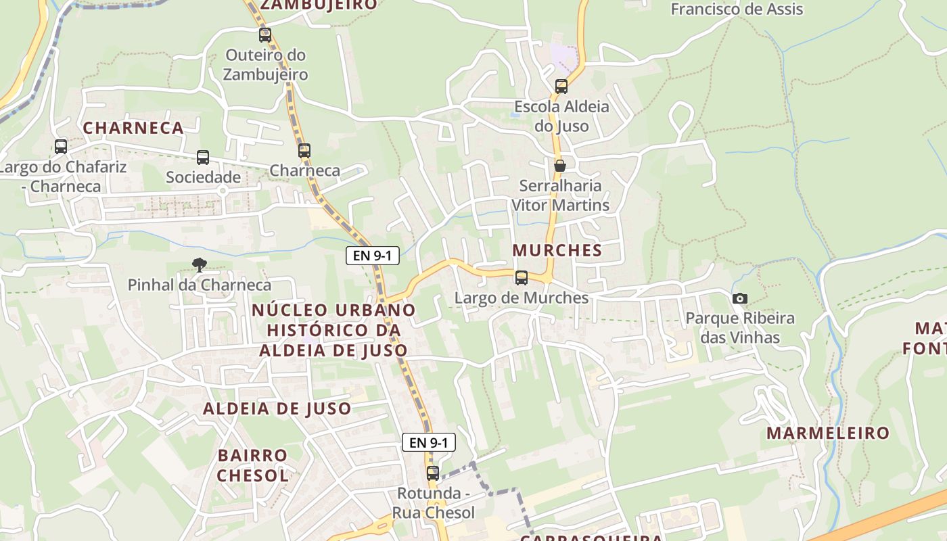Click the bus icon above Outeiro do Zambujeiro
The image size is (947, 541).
(x=265, y=34)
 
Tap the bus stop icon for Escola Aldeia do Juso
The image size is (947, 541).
(x=561, y=87)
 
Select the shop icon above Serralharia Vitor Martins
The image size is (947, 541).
(x=560, y=166)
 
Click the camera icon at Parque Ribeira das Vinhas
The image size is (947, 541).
(x=740, y=298)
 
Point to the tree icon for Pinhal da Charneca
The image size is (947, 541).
(x=199, y=264)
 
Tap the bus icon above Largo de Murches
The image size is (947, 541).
(x=522, y=277)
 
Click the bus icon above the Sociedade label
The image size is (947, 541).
(x=203, y=158)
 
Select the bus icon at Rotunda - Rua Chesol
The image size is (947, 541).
(x=433, y=473)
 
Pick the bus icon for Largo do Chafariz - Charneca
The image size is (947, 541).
(x=61, y=146)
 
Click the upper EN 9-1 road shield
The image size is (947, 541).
(x=372, y=256)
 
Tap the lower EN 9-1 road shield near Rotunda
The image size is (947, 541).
(x=429, y=443)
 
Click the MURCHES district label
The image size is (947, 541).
(x=557, y=250)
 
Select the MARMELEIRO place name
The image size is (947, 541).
(x=828, y=433)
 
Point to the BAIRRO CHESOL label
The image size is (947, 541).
(x=253, y=465)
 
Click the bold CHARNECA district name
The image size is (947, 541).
(x=133, y=128)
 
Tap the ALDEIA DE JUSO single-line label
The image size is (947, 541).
(x=277, y=408)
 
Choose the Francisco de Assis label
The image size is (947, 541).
(x=737, y=9)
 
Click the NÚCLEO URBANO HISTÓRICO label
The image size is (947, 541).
(x=333, y=330)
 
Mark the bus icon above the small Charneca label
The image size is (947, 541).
(x=304, y=150)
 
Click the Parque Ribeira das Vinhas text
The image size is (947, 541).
(x=740, y=327)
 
